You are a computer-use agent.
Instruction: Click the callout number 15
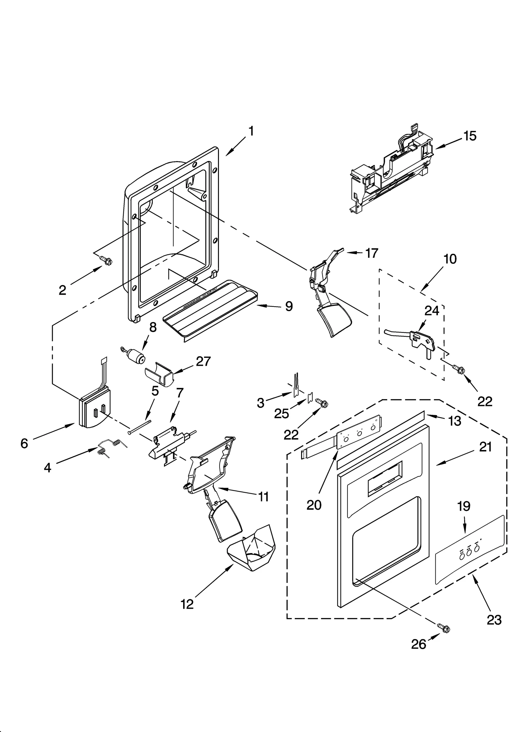point(470,136)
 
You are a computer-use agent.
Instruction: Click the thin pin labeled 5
point(139,427)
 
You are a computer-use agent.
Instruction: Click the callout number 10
point(450,259)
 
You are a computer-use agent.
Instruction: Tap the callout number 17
point(371,253)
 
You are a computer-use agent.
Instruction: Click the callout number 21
point(485,447)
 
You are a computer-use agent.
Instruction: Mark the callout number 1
point(251,131)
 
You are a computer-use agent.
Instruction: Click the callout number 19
point(464,506)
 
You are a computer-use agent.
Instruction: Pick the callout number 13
point(454,421)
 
